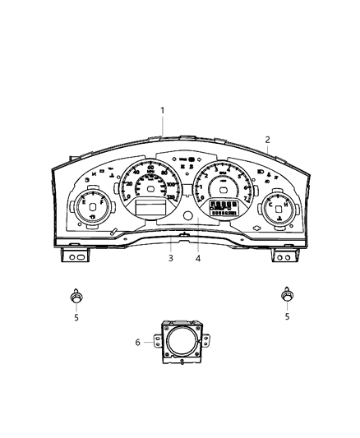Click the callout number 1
[x=163, y=110]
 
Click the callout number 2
[x=267, y=140]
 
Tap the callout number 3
[x=170, y=258]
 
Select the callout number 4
[x=197, y=258]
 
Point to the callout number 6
[x=138, y=341]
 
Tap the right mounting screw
[x=287, y=293]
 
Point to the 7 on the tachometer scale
[x=247, y=199]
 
